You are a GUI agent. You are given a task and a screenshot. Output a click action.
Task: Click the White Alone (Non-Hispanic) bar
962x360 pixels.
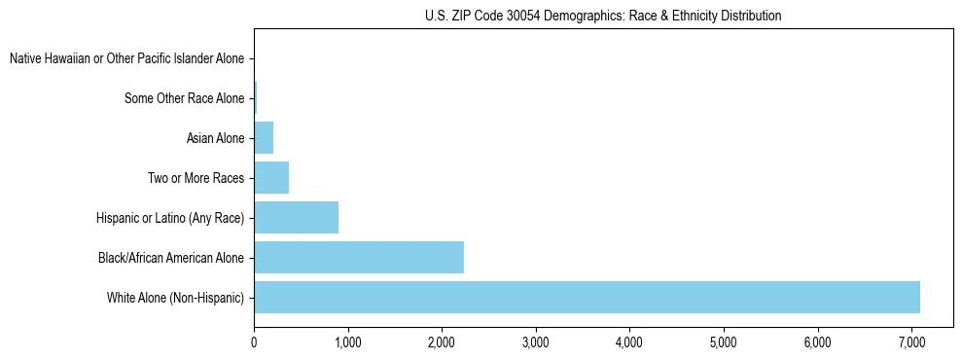click(x=587, y=297)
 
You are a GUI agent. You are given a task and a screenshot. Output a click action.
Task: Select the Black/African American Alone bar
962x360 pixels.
click(x=359, y=258)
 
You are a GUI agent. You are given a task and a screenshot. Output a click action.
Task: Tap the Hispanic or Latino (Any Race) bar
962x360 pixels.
click(x=296, y=217)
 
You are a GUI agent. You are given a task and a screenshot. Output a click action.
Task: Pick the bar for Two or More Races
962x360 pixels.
click(x=271, y=177)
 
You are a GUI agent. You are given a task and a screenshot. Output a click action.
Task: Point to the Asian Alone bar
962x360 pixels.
click(x=264, y=138)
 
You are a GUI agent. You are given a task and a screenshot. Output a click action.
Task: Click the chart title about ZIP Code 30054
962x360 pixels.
click(x=603, y=16)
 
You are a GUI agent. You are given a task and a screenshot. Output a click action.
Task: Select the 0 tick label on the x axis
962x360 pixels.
click(x=254, y=342)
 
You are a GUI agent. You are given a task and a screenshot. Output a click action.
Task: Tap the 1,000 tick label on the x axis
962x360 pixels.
click(x=347, y=342)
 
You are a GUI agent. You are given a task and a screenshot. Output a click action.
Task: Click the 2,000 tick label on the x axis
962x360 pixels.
click(x=442, y=342)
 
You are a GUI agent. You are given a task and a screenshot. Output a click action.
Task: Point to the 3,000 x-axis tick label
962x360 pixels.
click(x=536, y=342)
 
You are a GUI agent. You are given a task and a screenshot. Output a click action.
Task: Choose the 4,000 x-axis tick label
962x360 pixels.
click(x=629, y=342)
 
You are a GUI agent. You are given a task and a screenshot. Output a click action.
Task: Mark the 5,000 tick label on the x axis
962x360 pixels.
click(x=724, y=342)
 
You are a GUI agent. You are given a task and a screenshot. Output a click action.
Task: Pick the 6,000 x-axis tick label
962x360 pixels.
click(x=818, y=342)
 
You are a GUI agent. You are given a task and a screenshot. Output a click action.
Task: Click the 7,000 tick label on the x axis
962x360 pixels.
click(x=911, y=342)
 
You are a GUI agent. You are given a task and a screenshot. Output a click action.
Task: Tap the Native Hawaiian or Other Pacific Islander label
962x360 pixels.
click(x=126, y=59)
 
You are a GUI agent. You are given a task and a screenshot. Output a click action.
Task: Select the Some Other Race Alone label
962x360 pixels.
click(x=185, y=98)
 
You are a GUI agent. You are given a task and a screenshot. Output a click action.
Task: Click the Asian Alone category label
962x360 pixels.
click(x=215, y=138)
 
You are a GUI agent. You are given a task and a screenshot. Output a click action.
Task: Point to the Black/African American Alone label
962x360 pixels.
click(x=171, y=258)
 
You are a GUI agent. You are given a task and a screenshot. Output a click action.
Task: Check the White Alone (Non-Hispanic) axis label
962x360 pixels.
click(x=176, y=297)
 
